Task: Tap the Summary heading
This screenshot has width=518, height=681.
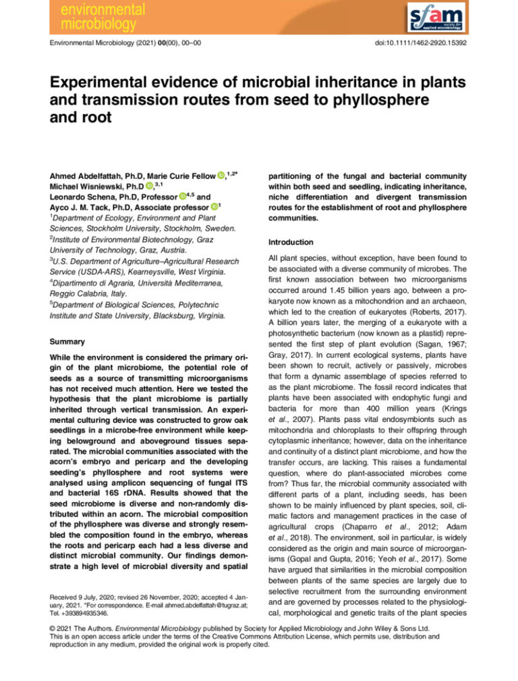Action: point(66,341)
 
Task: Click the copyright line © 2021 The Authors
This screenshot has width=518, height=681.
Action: point(78,627)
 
